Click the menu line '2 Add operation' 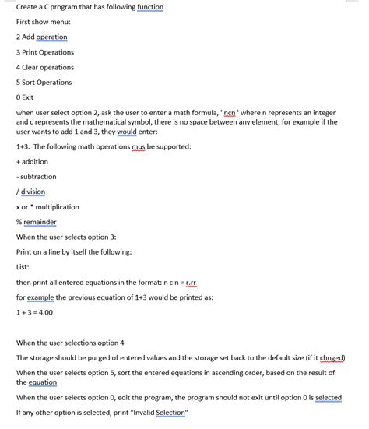click(x=41, y=37)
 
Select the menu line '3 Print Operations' click(x=45, y=52)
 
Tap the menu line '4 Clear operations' click(x=45, y=67)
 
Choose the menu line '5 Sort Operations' click(x=44, y=82)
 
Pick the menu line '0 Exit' click(x=25, y=97)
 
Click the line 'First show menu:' click(x=44, y=22)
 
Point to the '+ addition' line click(x=32, y=161)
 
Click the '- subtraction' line click(x=36, y=177)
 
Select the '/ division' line click(x=30, y=192)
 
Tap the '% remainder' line click(x=36, y=222)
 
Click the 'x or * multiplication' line click(x=47, y=207)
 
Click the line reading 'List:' click(x=23, y=267)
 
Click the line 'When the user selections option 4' click(x=70, y=343)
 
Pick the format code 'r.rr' click(x=188, y=282)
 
